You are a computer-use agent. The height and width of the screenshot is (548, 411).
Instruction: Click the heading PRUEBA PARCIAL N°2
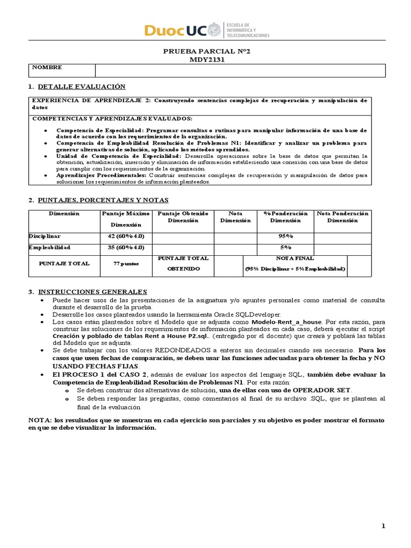[x=206, y=52]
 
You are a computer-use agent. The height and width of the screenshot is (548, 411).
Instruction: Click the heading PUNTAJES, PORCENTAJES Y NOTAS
[x=102, y=200]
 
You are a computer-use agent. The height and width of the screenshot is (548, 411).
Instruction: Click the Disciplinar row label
[x=44, y=236]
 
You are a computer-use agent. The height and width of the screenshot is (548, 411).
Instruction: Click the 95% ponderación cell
[x=285, y=237]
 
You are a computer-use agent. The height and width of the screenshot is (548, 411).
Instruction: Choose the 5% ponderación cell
[x=285, y=248]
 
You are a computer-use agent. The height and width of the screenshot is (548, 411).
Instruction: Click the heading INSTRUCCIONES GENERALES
[x=92, y=292]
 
